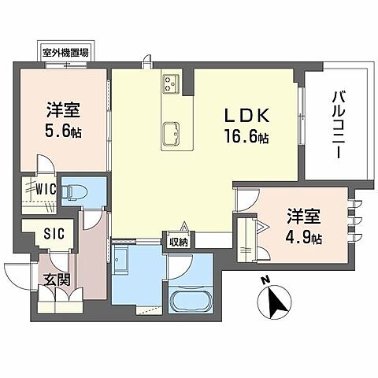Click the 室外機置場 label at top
65,52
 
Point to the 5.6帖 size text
63,131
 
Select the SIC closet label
44,233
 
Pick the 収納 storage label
178,241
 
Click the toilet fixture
78,190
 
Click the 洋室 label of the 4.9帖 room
304,214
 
